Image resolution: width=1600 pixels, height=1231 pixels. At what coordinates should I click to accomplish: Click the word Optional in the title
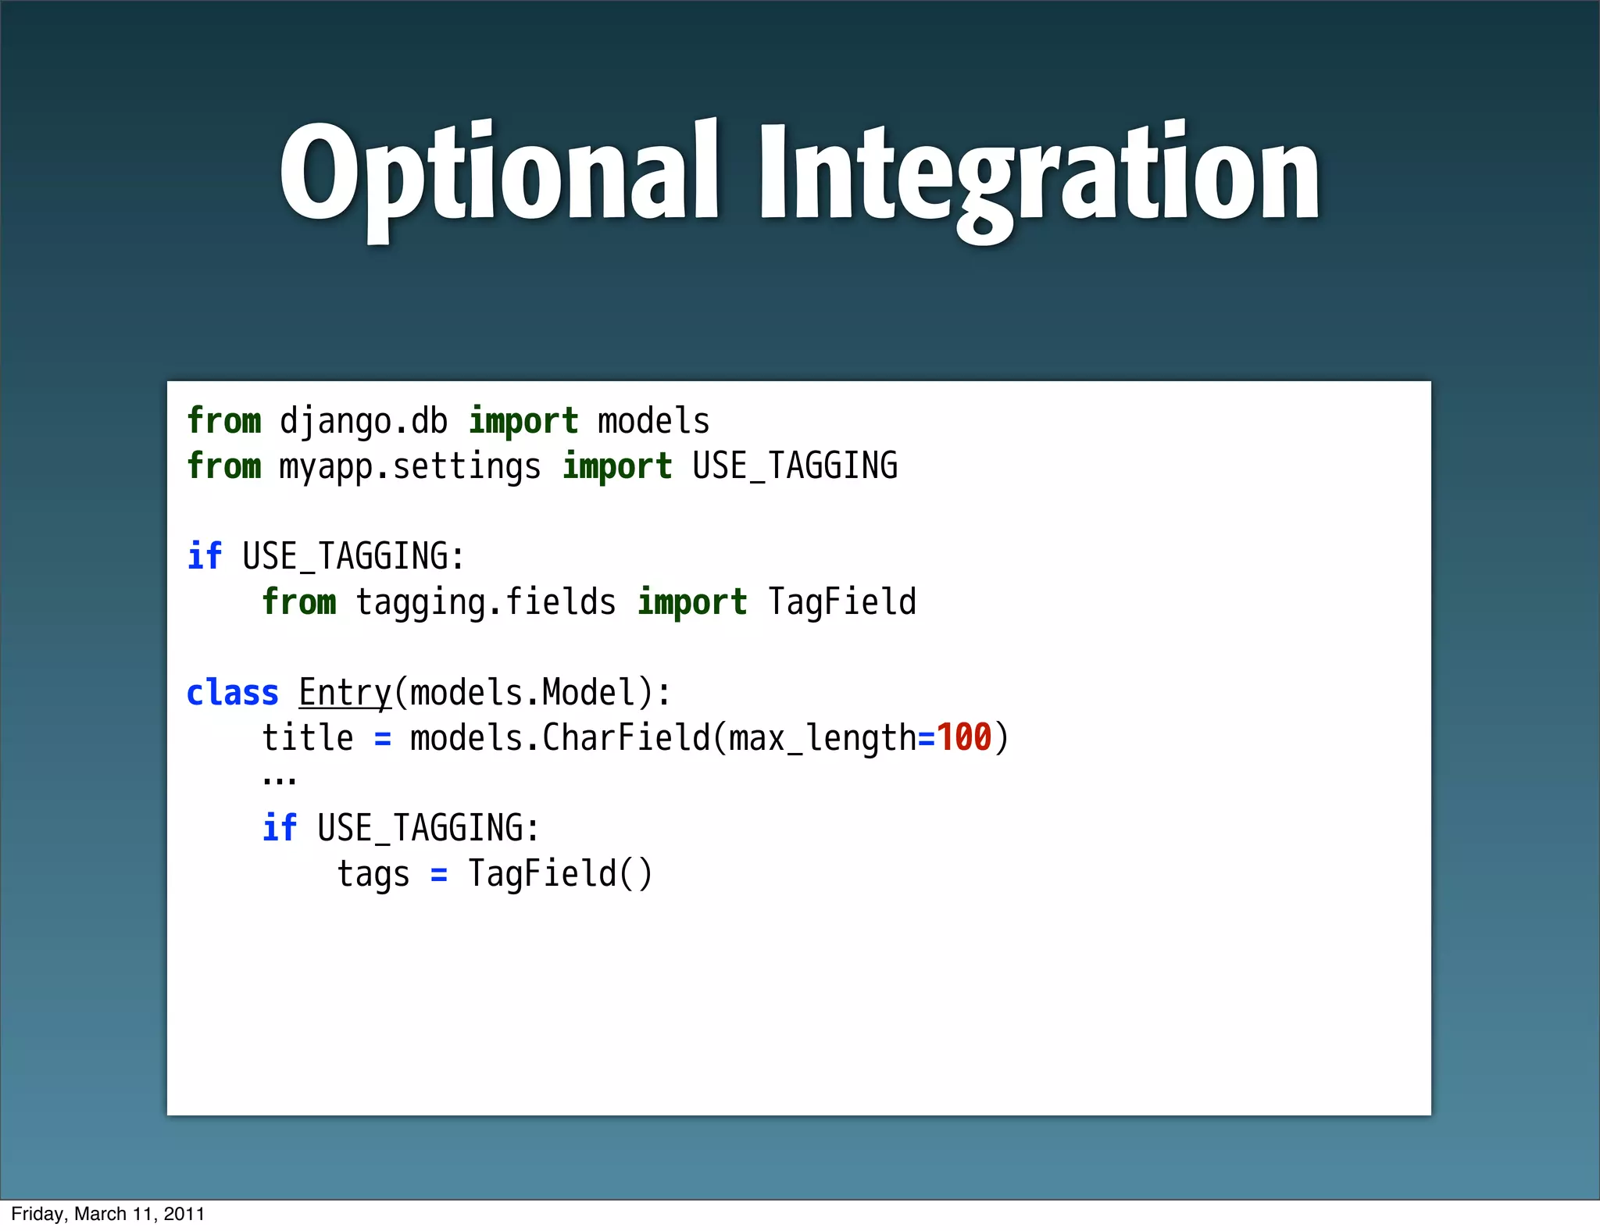pos(498,173)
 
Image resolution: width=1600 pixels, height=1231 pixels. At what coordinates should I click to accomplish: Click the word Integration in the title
pos(1037,173)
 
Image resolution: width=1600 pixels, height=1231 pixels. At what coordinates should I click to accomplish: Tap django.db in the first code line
pos(363,422)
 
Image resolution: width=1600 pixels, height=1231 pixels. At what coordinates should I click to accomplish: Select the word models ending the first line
pos(653,422)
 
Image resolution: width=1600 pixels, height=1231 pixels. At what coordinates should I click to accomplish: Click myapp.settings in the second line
pos(410,467)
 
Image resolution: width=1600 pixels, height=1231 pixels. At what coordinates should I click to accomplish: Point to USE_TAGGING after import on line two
pos(795,466)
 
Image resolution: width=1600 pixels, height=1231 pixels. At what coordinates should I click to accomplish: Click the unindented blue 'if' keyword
pos(205,557)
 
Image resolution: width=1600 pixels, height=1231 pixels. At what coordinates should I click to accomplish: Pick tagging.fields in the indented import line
pos(486,603)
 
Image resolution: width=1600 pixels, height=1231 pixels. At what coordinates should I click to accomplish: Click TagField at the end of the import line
pos(841,602)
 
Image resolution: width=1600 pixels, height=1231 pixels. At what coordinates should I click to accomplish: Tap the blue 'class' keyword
pos(232,694)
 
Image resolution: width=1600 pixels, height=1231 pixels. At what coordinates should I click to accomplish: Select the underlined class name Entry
pos(345,694)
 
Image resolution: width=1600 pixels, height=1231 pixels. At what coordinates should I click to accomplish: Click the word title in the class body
pos(307,738)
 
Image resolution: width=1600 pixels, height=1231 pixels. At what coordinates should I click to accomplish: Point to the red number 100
pos(963,737)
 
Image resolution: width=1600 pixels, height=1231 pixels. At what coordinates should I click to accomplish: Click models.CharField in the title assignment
pos(559,738)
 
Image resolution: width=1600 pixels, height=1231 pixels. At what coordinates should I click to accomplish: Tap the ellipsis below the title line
pos(279,780)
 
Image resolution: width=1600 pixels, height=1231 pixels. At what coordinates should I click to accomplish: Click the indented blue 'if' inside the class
pos(279,828)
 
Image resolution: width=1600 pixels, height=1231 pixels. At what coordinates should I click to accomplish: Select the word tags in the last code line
pos(373,874)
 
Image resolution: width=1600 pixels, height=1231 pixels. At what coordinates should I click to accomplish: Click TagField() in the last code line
pos(559,873)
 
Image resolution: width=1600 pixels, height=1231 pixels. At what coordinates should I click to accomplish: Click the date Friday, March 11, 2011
pos(108,1214)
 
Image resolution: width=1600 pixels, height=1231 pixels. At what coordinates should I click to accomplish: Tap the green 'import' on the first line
pos(523,422)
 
